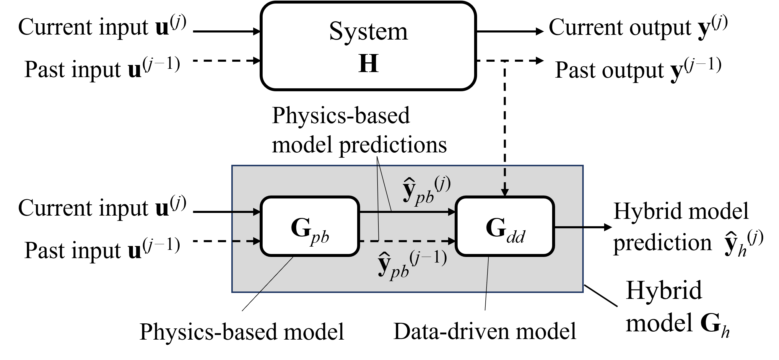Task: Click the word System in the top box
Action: (368, 32)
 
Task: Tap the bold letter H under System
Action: (368, 64)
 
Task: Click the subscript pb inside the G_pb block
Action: (319, 237)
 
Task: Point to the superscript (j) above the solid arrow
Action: (443, 183)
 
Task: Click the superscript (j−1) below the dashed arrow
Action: (428, 258)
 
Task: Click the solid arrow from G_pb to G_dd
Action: (423, 212)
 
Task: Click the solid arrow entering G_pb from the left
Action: (245, 212)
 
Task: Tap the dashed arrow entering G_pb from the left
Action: (245, 241)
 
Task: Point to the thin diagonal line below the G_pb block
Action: (277, 274)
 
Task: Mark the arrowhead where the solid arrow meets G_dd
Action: (452, 212)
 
